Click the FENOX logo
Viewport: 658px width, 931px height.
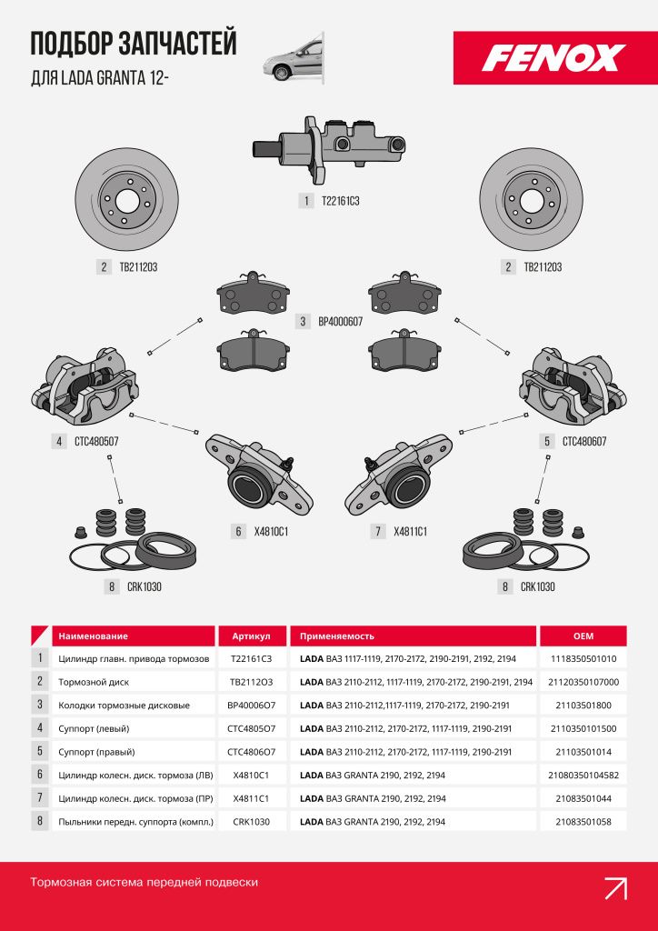[x=554, y=57]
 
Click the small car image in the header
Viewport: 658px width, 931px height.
[x=294, y=58]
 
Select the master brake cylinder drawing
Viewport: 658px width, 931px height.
[x=329, y=149]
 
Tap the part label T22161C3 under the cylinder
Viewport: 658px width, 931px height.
[x=341, y=201]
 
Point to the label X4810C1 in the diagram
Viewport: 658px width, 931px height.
[x=271, y=531]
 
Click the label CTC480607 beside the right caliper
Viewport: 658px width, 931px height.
[x=584, y=442]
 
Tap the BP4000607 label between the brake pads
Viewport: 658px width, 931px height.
[x=340, y=322]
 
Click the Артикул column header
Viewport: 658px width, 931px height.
[x=252, y=636]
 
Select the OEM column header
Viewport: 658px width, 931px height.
[x=583, y=636]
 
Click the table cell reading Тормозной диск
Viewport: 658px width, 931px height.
[x=94, y=682]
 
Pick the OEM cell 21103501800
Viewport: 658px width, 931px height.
[x=583, y=706]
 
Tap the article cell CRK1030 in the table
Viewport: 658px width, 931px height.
[x=252, y=822]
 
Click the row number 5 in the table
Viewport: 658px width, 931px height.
[x=40, y=751]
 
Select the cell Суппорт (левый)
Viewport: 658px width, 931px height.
[x=94, y=728]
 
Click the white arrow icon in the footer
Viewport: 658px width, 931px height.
[x=615, y=888]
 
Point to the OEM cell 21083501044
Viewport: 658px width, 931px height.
[x=583, y=798]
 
